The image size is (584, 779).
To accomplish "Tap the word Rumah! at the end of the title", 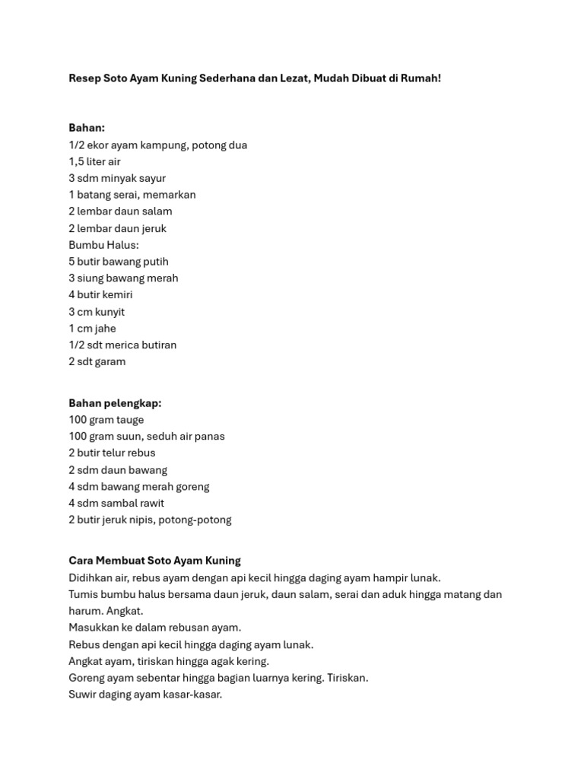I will (421, 78).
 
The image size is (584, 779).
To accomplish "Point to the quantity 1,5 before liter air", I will (77, 161).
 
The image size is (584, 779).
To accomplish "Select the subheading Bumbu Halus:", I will (103, 245).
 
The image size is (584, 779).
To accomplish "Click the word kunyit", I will (109, 312).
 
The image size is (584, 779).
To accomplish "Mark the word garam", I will (109, 361).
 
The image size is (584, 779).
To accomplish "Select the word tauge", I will (128, 420).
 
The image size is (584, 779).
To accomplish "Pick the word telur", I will (118, 453).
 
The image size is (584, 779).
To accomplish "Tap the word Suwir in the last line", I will (82, 695).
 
